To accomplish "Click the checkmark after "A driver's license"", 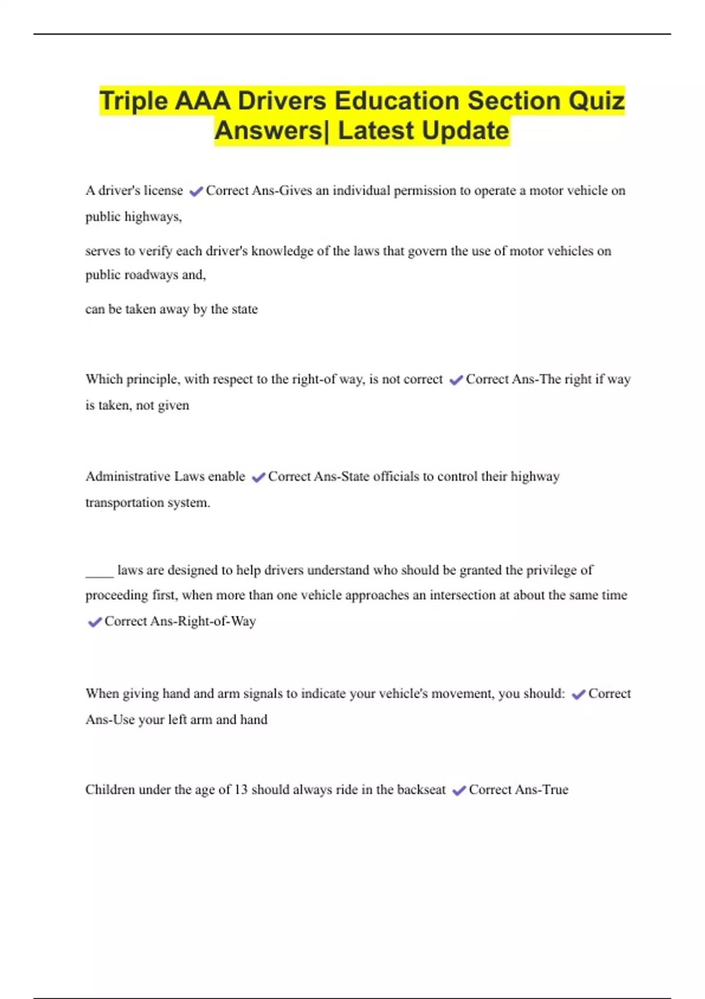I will [x=196, y=191].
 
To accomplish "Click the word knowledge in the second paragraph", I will [x=282, y=251].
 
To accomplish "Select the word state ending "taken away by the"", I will [x=244, y=309].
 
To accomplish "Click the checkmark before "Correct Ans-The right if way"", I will [x=456, y=380].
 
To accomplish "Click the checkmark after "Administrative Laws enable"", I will [x=258, y=478].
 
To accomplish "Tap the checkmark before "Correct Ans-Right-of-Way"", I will [x=94, y=622].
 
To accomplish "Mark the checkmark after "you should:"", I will [x=578, y=695].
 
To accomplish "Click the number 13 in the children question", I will [x=241, y=790].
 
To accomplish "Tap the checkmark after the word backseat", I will [x=459, y=791].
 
